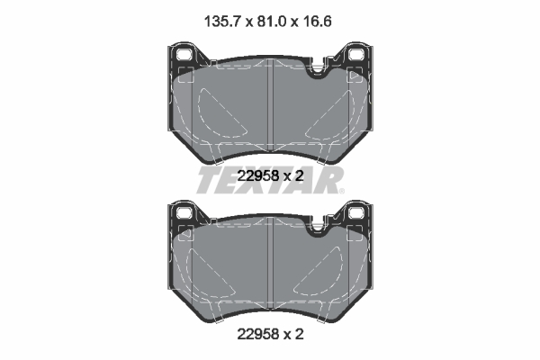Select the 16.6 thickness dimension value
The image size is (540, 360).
(317, 22)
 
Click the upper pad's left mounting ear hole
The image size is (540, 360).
(184, 55)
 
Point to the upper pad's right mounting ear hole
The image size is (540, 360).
(355, 55)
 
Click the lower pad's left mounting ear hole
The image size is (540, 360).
(184, 212)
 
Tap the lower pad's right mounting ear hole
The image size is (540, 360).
(355, 212)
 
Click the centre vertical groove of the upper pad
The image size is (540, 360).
(270, 105)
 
